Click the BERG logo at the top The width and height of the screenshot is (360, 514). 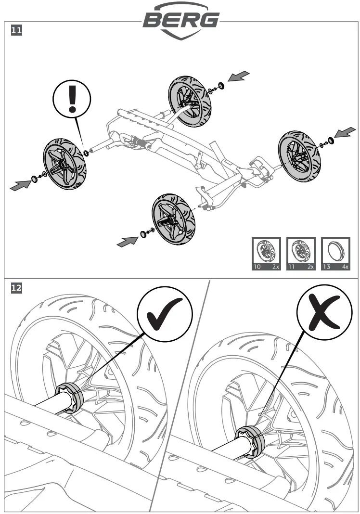pos(180,20)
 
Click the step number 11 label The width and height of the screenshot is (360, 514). pos(16,31)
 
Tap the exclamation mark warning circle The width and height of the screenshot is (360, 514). pos(72,98)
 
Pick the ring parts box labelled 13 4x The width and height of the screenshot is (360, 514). pos(335,254)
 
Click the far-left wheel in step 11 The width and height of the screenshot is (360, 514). pos(64,164)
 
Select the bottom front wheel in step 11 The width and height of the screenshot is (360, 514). pos(173,219)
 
